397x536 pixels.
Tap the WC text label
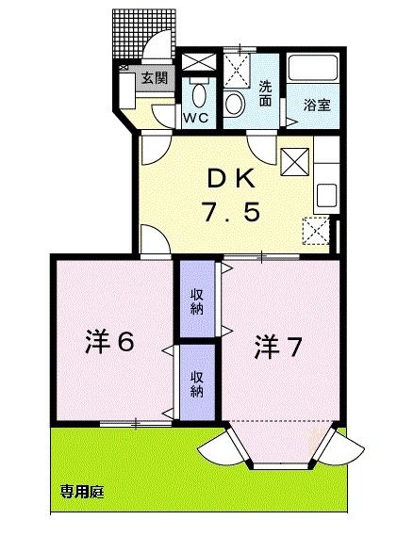coord(195,118)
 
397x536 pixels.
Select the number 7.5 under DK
coord(228,212)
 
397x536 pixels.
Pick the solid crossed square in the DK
coord(295,162)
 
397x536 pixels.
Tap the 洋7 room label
coord(276,348)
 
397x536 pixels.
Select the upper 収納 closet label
coord(196,302)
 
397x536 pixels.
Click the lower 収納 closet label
coord(196,383)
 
